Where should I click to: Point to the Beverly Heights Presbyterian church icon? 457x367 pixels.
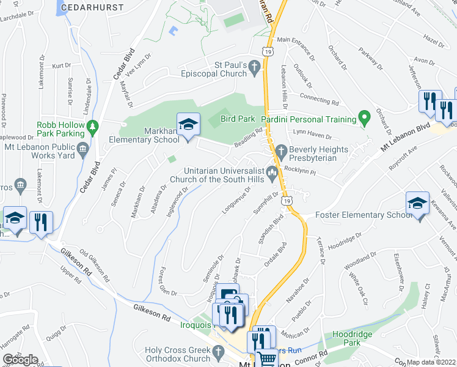click(x=281, y=150)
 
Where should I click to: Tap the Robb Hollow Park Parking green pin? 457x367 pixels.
click(x=93, y=128)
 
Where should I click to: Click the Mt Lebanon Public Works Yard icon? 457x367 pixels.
click(x=82, y=149)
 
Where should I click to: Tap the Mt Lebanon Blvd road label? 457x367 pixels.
click(x=404, y=137)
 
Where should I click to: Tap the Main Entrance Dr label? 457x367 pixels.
click(x=296, y=49)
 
